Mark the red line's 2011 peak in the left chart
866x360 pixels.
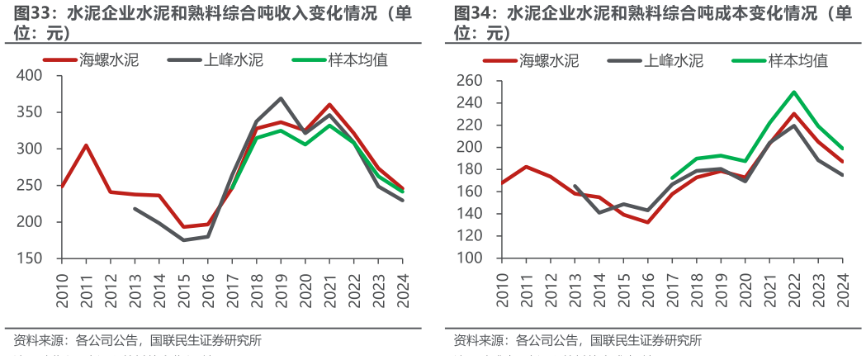point(87,145)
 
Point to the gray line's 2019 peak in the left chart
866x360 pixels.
point(281,98)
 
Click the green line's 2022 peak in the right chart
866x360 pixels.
point(794,92)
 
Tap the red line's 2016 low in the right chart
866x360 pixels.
point(648,222)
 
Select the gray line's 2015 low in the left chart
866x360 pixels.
point(183,240)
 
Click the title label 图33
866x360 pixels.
point(33,15)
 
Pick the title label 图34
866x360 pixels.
point(474,15)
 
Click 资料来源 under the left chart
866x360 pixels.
point(38,340)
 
